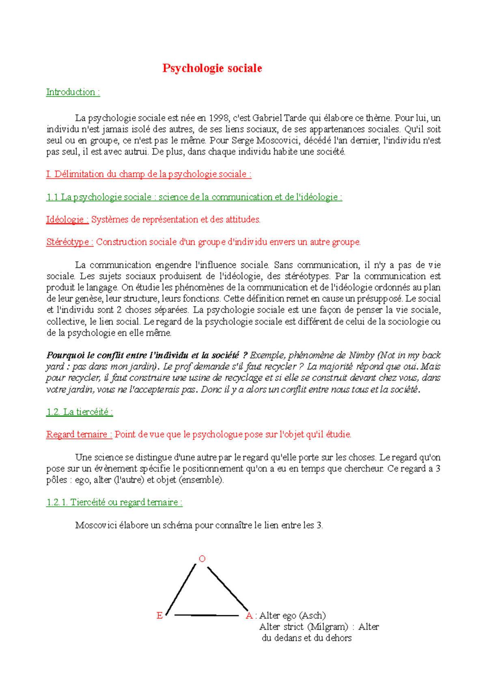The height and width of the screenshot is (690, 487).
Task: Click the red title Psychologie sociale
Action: coord(212,68)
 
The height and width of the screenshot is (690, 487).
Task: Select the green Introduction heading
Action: coord(73,92)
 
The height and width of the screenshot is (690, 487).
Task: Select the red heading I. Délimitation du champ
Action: coord(149,174)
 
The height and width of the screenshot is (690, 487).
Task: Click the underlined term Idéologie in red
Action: coord(67,219)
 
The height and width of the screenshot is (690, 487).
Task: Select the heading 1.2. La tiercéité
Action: coord(80,412)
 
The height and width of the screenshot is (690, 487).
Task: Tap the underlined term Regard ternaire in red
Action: coord(79,434)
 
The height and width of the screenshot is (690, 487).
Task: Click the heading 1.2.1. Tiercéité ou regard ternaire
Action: coord(114,502)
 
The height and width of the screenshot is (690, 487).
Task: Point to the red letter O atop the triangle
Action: coord(202,559)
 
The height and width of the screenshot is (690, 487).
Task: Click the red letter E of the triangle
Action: coord(159,616)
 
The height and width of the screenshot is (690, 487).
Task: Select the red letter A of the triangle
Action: coord(249,616)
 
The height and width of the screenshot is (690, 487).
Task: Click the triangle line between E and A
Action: coord(206,615)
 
